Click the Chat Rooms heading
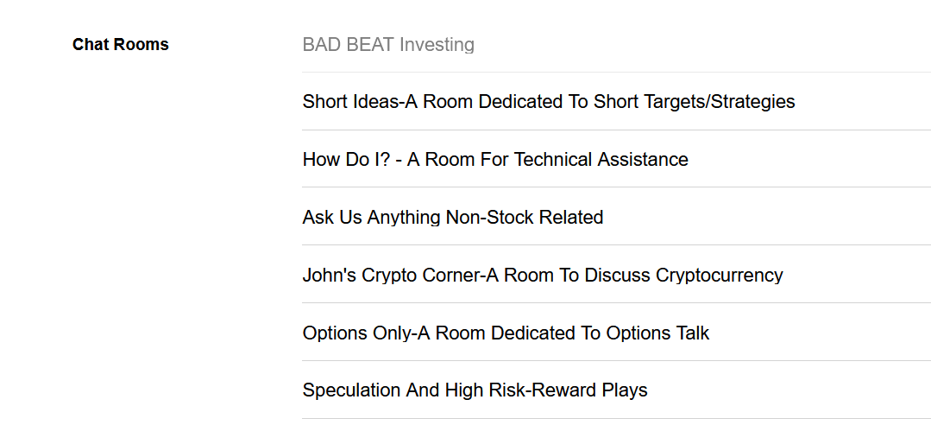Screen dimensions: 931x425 tap(121, 45)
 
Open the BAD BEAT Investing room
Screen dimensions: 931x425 tap(388, 45)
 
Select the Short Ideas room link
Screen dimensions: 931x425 tap(549, 102)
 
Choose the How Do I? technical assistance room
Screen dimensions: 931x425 tap(495, 159)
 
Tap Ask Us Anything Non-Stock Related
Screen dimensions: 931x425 tap(452, 217)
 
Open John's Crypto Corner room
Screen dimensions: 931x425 tap(543, 276)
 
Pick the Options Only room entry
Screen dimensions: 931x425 tap(506, 333)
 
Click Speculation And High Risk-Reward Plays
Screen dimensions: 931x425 tap(475, 390)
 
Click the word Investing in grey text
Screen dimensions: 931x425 tap(437, 45)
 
